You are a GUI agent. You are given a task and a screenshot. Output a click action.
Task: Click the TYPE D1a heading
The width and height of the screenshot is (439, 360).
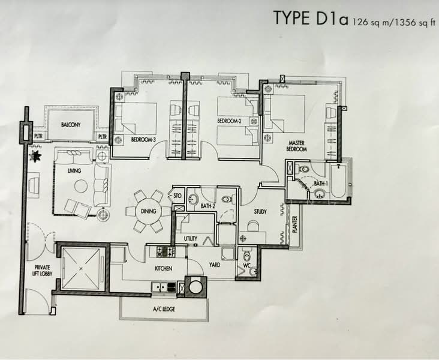pos(311,18)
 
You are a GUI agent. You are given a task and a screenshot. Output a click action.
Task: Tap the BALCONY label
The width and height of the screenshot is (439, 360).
pos(71,125)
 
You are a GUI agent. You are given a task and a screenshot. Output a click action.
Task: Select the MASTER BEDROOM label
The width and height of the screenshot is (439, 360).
pos(296,146)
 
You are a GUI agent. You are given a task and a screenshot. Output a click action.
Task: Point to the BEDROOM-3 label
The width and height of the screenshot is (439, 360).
pos(143,139)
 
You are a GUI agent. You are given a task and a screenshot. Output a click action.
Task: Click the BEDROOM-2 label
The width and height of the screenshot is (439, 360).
pos(229,121)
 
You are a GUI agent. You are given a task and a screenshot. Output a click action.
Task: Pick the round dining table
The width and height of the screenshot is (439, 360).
pos(148,211)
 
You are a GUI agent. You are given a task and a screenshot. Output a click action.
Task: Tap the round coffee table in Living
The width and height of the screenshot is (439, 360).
pos(81,186)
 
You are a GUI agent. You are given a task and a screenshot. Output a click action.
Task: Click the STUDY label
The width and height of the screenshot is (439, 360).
pos(260,212)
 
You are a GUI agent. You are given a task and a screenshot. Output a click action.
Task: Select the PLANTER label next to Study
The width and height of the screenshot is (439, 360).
pos(294,224)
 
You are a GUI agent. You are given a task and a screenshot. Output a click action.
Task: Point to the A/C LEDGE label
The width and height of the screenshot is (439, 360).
pos(164,309)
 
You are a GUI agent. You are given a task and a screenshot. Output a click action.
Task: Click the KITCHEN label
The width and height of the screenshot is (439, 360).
pos(164,268)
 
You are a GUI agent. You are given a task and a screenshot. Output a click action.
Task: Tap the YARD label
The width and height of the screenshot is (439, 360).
pos(215,265)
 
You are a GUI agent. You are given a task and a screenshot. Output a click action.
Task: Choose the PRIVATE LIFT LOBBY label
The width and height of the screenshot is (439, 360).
pos(42,271)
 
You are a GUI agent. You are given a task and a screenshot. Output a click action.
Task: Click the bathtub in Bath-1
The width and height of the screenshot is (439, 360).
pos(338,181)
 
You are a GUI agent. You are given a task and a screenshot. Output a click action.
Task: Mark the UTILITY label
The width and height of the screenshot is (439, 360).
pos(190,239)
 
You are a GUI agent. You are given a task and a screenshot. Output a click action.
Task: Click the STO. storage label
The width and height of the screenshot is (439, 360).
pos(178,196)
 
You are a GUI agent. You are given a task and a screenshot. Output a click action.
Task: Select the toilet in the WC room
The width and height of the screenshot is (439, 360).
pos(246,255)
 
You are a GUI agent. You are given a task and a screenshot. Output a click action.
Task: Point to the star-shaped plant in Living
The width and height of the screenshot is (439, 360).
pos(36,156)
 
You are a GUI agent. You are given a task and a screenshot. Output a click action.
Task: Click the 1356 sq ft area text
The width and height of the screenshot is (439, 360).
pos(415,22)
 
